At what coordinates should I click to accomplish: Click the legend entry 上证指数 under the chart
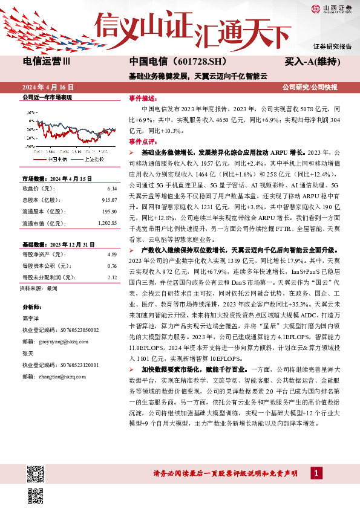93,160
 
